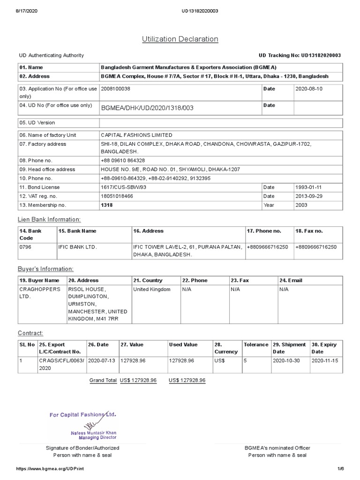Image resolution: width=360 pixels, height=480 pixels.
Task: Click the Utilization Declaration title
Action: pos(180,39)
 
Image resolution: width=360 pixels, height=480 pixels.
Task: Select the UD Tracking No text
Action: pos(300,55)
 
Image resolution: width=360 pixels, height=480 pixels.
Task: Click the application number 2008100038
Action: pos(116,89)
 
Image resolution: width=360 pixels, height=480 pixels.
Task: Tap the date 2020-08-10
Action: pos(309,89)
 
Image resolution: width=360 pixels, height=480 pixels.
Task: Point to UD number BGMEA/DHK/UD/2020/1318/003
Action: pos(147,108)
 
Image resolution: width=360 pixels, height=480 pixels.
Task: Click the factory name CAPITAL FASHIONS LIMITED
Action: pos(136,135)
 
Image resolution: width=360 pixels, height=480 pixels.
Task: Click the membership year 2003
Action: pos(302,205)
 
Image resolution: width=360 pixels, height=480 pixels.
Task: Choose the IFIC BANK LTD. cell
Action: pos(77,247)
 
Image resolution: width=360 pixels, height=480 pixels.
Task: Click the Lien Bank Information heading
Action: pos(49,219)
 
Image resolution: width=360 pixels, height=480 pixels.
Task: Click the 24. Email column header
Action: pos(291,280)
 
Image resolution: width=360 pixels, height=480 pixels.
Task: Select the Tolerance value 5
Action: pos(245,361)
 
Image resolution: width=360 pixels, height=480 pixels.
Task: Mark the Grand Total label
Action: pos(103,380)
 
